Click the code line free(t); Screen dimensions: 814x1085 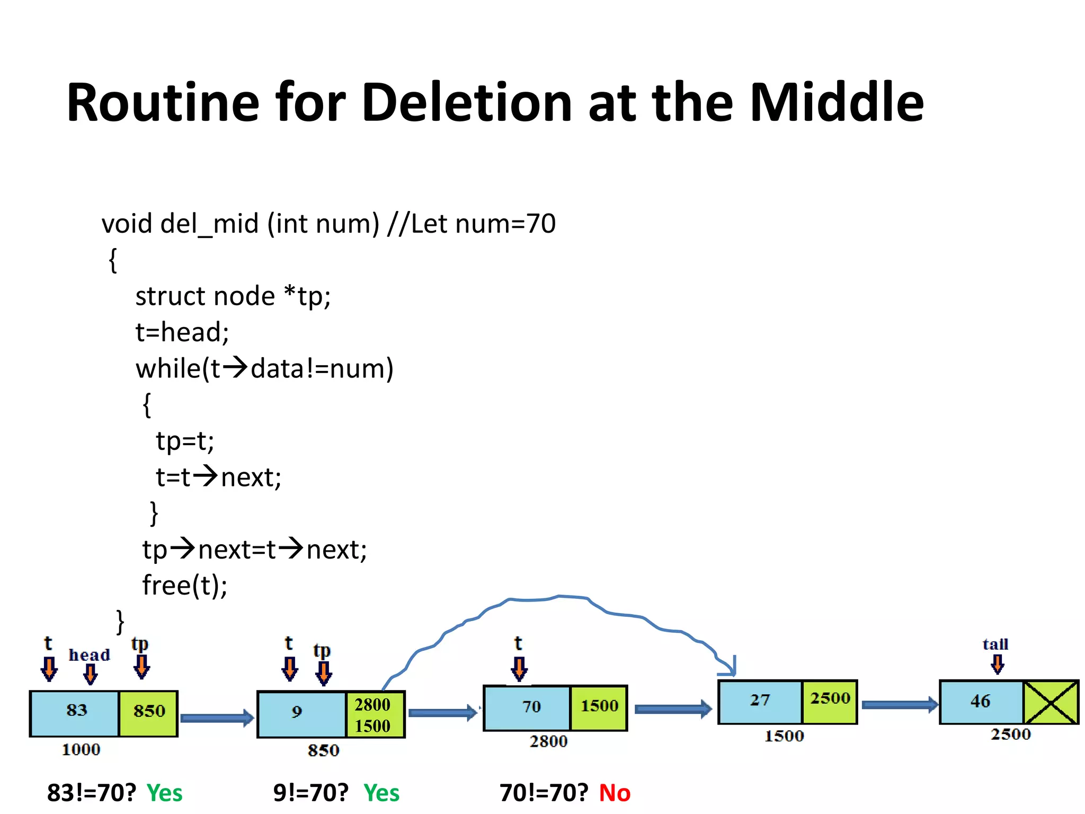click(x=185, y=585)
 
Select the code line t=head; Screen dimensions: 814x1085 click(x=182, y=332)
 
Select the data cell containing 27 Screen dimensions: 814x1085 click(x=760, y=701)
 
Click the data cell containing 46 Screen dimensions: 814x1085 click(x=980, y=702)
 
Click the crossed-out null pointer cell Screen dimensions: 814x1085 click(x=1051, y=703)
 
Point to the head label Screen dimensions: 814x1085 click(x=90, y=655)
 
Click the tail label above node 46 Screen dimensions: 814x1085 click(x=995, y=644)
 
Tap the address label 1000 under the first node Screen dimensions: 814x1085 click(x=81, y=749)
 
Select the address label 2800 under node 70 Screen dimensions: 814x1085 click(x=548, y=741)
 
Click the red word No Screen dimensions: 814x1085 click(x=615, y=793)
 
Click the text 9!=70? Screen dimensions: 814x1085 click(x=311, y=793)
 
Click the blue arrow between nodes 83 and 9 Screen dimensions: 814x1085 click(x=217, y=718)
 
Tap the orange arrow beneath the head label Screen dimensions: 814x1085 click(x=91, y=674)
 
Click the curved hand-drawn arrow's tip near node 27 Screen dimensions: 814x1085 click(x=732, y=671)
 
